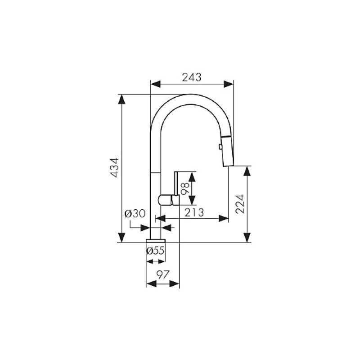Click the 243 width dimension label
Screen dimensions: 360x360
click(x=192, y=77)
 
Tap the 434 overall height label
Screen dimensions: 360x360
click(x=114, y=167)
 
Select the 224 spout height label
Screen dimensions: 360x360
click(x=240, y=204)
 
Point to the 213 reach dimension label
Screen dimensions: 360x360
click(x=194, y=212)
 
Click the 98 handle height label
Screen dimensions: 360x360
click(x=185, y=189)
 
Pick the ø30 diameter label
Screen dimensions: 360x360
click(x=135, y=214)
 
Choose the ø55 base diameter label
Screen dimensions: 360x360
click(x=155, y=251)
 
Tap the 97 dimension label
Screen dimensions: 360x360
click(x=163, y=274)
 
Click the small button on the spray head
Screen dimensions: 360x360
click(x=220, y=147)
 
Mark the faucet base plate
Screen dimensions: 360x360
click(x=156, y=241)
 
